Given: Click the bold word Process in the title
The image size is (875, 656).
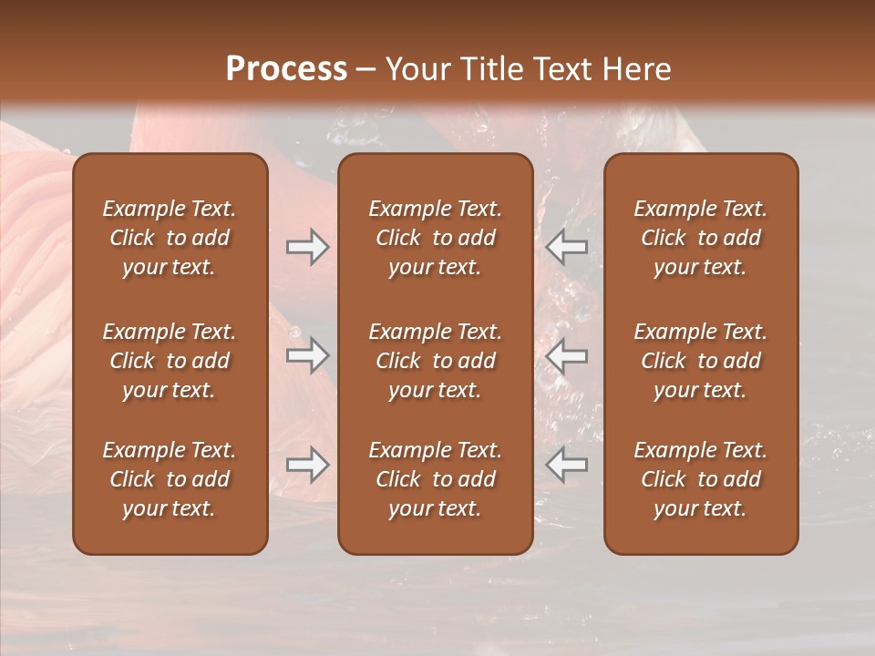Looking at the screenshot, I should pyautogui.click(x=286, y=69).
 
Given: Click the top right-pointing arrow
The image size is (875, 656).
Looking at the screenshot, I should pyautogui.click(x=307, y=247).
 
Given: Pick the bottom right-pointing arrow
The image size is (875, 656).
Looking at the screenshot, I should pyautogui.click(x=307, y=465).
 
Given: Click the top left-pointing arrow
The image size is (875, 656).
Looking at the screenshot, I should pyautogui.click(x=566, y=247).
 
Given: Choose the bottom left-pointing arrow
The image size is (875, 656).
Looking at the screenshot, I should pyautogui.click(x=566, y=465).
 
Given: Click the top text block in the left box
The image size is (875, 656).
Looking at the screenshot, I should pyautogui.click(x=170, y=238).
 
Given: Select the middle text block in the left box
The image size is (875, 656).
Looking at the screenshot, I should pyautogui.click(x=170, y=361).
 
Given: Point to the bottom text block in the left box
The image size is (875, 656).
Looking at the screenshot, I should pyautogui.click(x=170, y=479).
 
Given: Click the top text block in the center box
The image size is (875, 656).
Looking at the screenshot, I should pyautogui.click(x=435, y=238).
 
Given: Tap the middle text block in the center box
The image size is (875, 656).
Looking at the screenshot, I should pyautogui.click(x=435, y=361).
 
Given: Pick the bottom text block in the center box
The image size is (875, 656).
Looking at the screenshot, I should pyautogui.click(x=435, y=479).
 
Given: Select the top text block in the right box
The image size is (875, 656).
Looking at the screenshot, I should pyautogui.click(x=700, y=238).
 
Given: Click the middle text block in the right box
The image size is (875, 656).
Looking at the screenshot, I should pyautogui.click(x=700, y=361).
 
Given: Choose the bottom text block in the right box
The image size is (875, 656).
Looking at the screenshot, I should pyautogui.click(x=700, y=479).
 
